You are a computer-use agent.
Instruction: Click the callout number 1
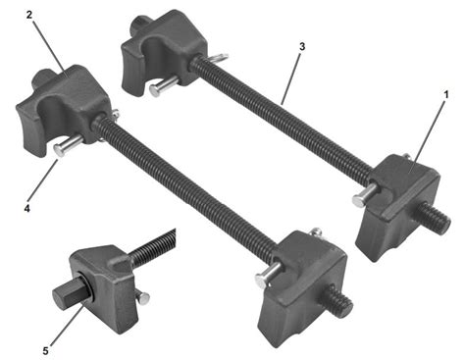point(445,94)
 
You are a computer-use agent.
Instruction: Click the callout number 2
point(29,15)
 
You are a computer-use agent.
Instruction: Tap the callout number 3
point(302,47)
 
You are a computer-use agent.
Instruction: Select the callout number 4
point(26,208)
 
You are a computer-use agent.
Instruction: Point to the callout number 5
point(45,351)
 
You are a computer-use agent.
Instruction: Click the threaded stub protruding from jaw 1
point(435,217)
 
